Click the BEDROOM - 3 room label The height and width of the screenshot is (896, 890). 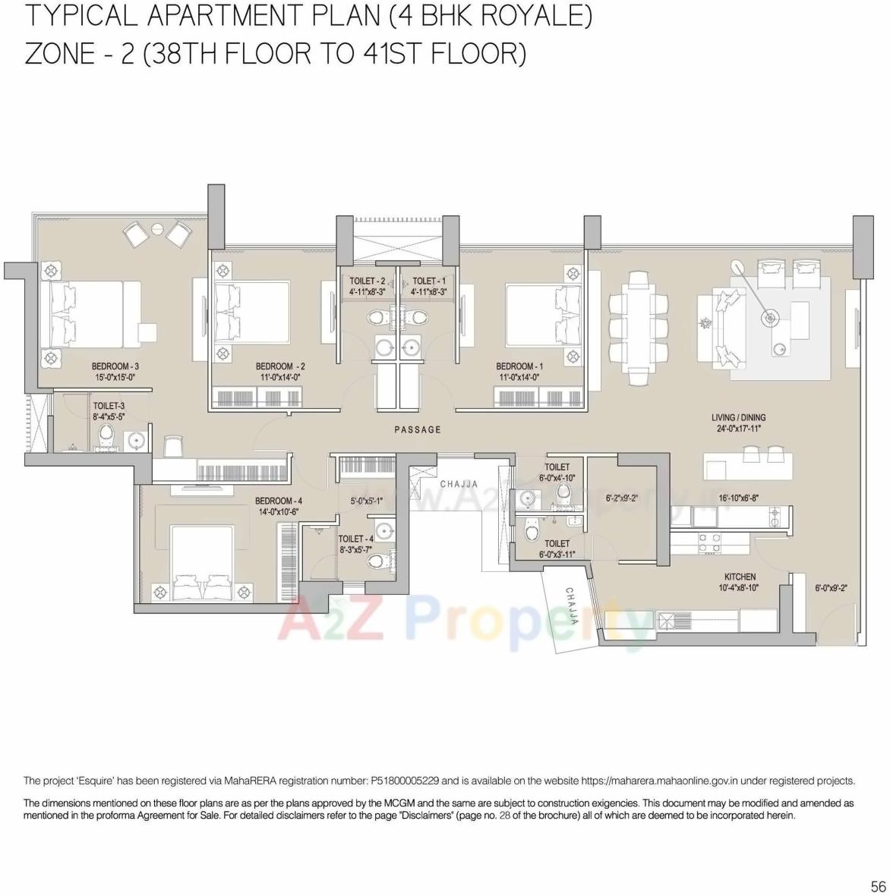(x=115, y=366)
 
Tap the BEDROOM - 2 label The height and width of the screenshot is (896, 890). (x=280, y=366)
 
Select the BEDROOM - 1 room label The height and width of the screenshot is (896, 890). (x=519, y=366)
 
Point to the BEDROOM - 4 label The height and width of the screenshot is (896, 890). (x=279, y=501)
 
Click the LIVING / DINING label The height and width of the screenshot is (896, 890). (x=738, y=417)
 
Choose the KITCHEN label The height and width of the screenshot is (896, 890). (x=740, y=577)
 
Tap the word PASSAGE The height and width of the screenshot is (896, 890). (x=418, y=430)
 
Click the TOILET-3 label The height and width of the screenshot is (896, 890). (x=109, y=406)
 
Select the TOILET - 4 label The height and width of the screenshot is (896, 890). (x=355, y=539)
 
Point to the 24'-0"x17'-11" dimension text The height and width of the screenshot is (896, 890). (x=738, y=429)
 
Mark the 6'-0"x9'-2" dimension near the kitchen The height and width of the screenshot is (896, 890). (x=831, y=587)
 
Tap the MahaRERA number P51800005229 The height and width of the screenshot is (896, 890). (x=405, y=781)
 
